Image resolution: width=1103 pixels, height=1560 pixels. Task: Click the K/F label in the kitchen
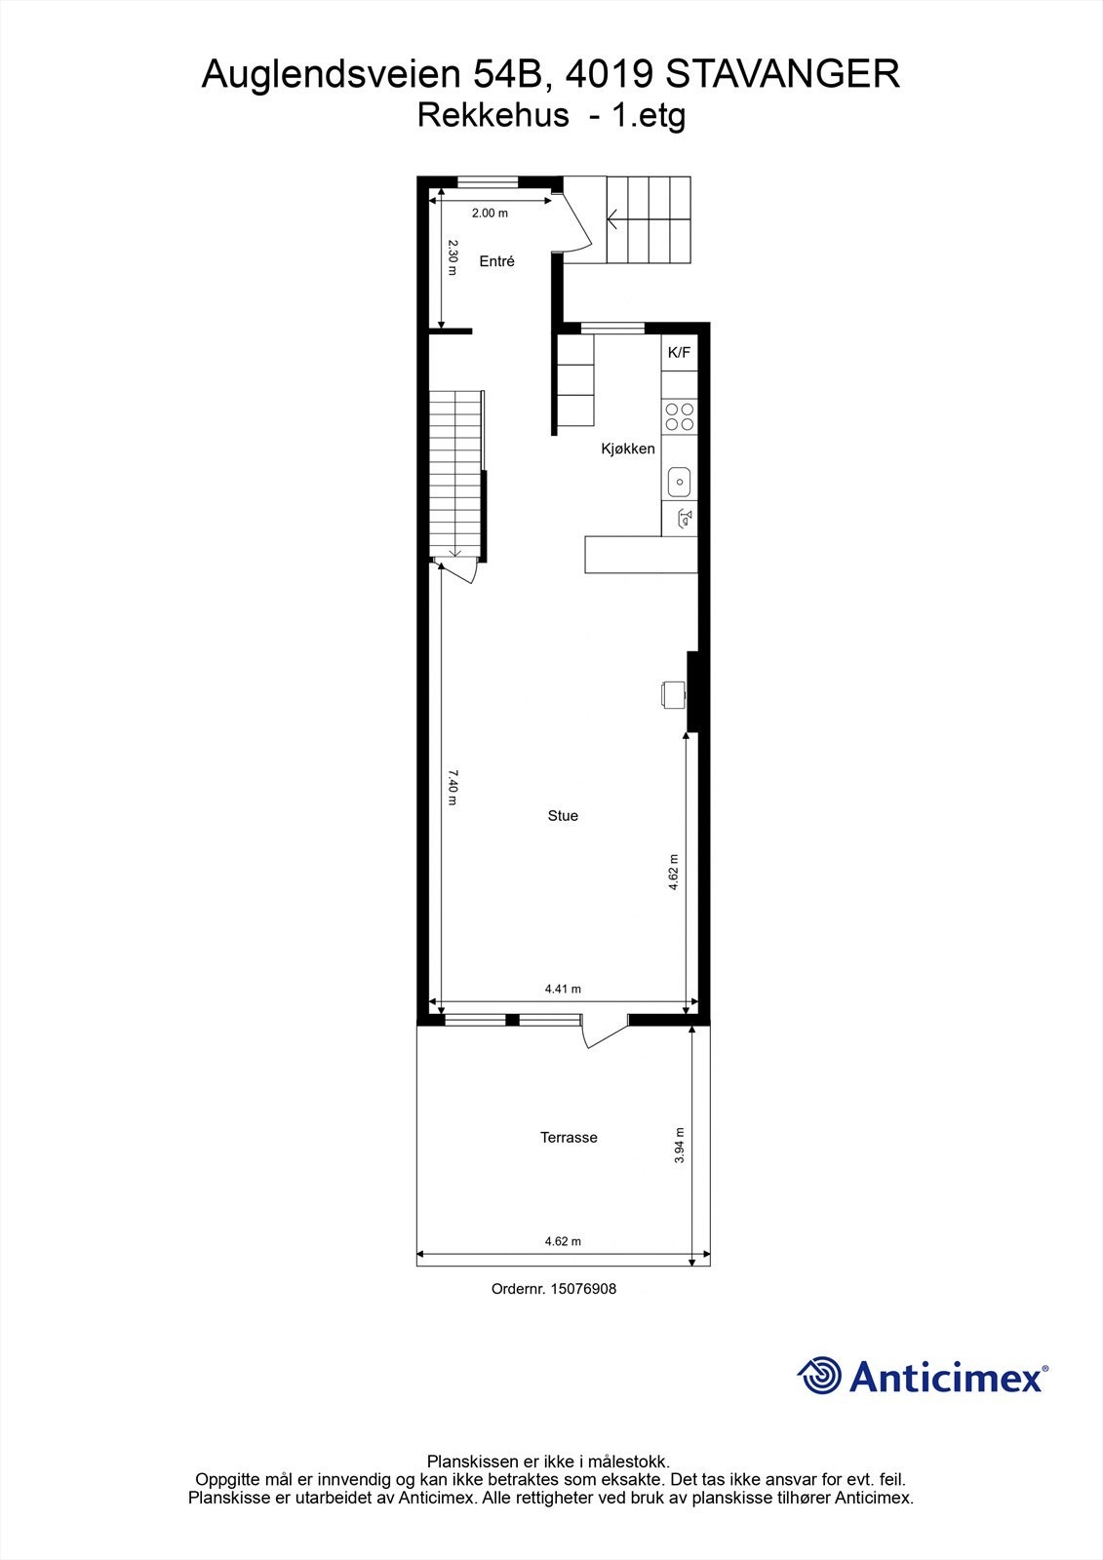click(x=679, y=353)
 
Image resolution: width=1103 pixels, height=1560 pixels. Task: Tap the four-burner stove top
click(x=679, y=417)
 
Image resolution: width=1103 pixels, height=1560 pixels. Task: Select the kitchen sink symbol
click(x=679, y=481)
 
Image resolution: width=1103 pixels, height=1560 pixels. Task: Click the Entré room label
click(x=496, y=261)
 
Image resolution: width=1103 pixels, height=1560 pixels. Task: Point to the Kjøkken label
click(x=627, y=448)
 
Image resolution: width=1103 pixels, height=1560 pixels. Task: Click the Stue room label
click(x=563, y=816)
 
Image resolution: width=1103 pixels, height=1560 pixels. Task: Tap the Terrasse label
click(x=569, y=1137)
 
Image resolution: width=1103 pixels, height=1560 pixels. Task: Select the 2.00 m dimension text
click(x=490, y=213)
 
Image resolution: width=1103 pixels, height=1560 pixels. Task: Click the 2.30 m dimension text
click(x=453, y=257)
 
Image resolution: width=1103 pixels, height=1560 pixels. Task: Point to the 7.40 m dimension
click(x=453, y=788)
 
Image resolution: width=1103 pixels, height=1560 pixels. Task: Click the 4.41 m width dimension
click(x=563, y=989)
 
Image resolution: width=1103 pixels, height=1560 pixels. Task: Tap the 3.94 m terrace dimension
click(x=680, y=1145)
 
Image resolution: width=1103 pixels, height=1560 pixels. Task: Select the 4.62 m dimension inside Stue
click(x=674, y=872)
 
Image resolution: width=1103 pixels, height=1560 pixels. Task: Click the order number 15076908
click(x=581, y=1289)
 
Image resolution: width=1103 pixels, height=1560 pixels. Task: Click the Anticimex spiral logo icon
click(x=820, y=1377)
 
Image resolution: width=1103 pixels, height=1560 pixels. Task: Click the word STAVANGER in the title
click(x=782, y=74)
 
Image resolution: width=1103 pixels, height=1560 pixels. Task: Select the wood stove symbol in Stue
click(x=671, y=693)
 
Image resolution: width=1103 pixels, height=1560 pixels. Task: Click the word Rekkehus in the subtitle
click(x=492, y=115)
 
